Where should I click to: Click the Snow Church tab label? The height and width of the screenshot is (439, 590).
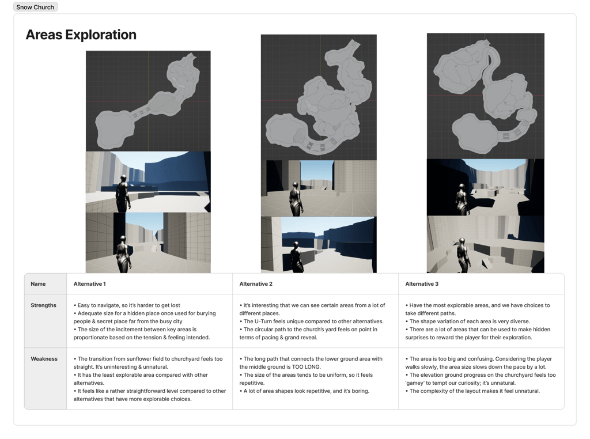[35, 7]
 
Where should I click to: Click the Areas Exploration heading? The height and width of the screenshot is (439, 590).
[81, 35]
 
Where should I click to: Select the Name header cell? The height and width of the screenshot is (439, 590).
[38, 284]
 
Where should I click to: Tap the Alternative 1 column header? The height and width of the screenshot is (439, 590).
[90, 284]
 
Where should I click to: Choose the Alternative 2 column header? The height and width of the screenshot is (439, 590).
[256, 284]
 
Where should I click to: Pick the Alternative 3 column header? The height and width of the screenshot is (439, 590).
[422, 284]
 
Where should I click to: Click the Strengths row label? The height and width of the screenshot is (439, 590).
[44, 305]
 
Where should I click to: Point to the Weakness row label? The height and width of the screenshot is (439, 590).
[44, 359]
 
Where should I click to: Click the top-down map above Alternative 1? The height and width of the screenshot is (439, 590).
[148, 101]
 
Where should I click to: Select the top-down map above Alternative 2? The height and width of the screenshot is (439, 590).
[319, 97]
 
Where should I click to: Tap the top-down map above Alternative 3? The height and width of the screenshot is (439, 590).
[485, 95]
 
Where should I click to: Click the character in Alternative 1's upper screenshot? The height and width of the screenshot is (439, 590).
[122, 193]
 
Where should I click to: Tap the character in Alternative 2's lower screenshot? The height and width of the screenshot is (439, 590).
[296, 256]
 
